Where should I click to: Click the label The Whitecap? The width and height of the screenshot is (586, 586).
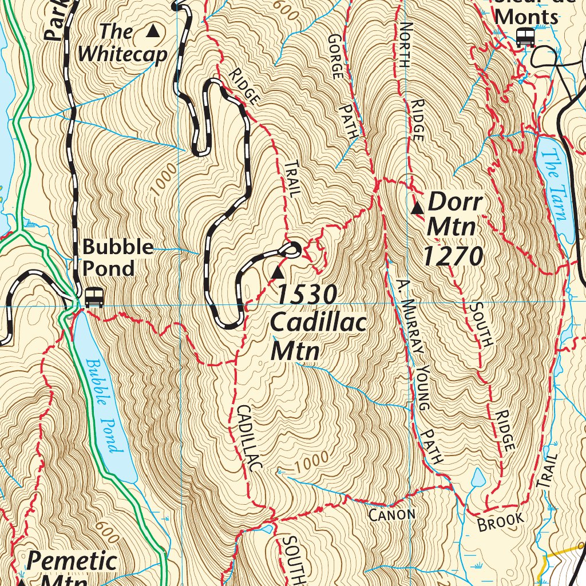point(122,43)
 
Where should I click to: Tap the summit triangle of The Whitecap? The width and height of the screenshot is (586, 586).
point(153,31)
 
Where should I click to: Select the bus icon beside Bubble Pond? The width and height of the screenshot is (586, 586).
point(94,297)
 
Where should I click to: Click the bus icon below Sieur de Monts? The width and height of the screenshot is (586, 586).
point(525,38)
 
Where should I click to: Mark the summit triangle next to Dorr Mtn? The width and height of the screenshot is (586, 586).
point(418,207)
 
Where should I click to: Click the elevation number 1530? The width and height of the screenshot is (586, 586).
point(307,295)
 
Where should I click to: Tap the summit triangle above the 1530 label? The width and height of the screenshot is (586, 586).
point(278,272)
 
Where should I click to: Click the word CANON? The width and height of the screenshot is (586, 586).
point(391,514)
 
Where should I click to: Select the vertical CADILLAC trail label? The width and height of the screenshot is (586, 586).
point(248,437)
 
